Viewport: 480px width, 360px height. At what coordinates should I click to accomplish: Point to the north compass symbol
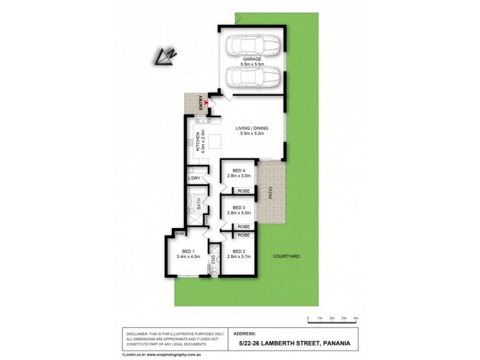[166, 55]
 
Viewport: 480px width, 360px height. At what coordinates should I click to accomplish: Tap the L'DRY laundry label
[193, 179]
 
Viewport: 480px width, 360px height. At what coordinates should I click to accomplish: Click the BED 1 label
[187, 251]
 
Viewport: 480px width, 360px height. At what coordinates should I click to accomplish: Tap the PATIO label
[271, 193]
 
